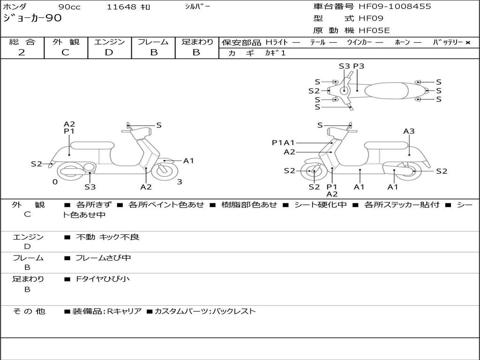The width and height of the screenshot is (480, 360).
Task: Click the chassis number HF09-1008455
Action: (x=395, y=7)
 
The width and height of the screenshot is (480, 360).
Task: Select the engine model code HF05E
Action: (x=374, y=30)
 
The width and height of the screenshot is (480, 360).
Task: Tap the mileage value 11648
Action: (x=122, y=7)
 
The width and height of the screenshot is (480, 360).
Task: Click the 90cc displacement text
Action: (x=69, y=7)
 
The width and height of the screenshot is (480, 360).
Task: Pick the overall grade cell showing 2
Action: (x=22, y=52)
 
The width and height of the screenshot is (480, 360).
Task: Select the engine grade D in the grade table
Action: (x=109, y=52)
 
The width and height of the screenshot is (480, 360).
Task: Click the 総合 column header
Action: (x=22, y=42)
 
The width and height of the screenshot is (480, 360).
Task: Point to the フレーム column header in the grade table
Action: (x=153, y=42)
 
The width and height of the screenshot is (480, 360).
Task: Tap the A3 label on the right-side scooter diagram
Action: (x=409, y=131)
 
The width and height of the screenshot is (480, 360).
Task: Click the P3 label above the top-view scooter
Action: (x=359, y=66)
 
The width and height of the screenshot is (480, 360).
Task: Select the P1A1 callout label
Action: (x=283, y=142)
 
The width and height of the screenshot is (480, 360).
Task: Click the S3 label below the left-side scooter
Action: (x=90, y=187)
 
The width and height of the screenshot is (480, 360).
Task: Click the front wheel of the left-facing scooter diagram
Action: (x=165, y=170)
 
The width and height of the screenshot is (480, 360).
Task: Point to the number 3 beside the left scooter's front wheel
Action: (x=180, y=182)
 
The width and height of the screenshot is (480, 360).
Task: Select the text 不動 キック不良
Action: (x=108, y=237)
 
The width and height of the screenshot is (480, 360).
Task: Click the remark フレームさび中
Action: (x=103, y=258)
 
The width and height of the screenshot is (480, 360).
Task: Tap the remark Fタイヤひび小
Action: (x=103, y=279)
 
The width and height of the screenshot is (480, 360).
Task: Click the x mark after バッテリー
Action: (x=467, y=42)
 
